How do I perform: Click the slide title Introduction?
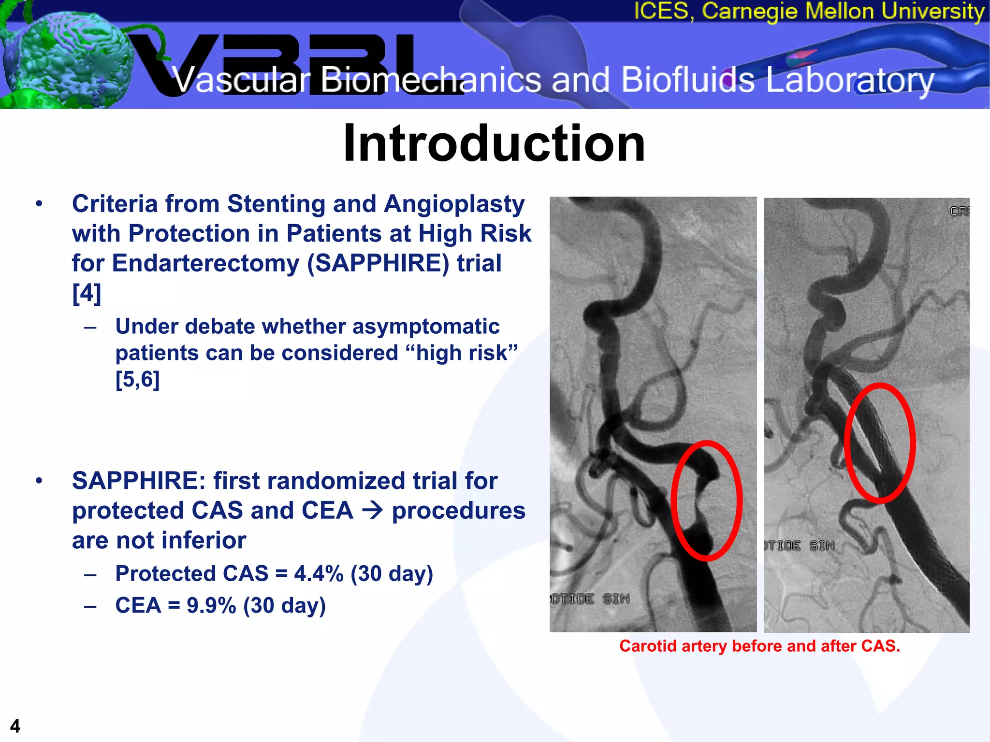(x=494, y=143)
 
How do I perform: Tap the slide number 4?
(x=15, y=726)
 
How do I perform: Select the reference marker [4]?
(x=87, y=293)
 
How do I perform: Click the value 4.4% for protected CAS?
(x=319, y=574)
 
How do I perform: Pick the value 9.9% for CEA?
(x=211, y=605)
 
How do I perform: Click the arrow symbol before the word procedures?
(x=372, y=510)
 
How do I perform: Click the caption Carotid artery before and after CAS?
(x=759, y=646)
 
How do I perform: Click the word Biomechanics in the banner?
(x=430, y=80)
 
